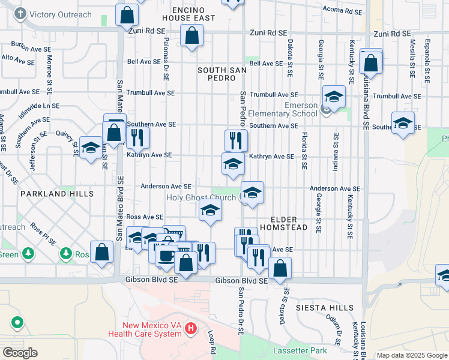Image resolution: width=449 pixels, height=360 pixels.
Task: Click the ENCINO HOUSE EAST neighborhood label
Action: [192, 14]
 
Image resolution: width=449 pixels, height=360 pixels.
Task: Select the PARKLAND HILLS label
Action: [57, 194]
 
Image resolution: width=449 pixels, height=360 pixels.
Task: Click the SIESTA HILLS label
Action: [325, 308]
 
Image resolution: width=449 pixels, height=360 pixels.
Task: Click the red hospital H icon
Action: [191, 328]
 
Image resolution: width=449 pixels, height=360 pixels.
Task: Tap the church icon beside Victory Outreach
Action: [20, 14]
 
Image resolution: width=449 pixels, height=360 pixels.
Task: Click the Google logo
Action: [20, 353]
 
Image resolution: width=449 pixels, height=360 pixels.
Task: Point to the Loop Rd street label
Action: [211, 341]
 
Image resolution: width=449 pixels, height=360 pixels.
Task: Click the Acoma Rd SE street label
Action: [342, 10]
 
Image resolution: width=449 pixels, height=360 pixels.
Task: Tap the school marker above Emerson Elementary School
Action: [334, 96]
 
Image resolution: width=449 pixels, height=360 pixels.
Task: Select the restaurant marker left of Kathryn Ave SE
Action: [138, 138]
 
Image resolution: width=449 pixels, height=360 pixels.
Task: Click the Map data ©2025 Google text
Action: [412, 355]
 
